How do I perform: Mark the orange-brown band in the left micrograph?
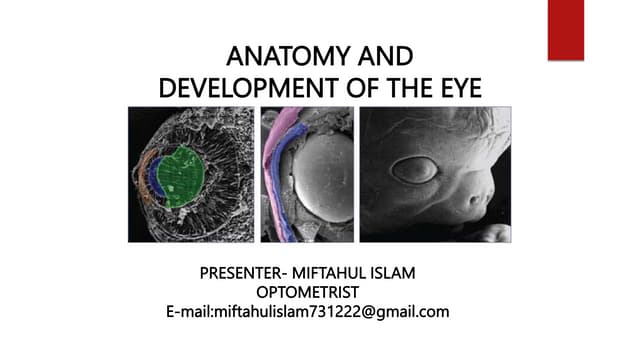click(x=142, y=174)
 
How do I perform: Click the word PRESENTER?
click(x=241, y=273)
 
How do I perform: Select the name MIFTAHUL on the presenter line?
click(x=344, y=273)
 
